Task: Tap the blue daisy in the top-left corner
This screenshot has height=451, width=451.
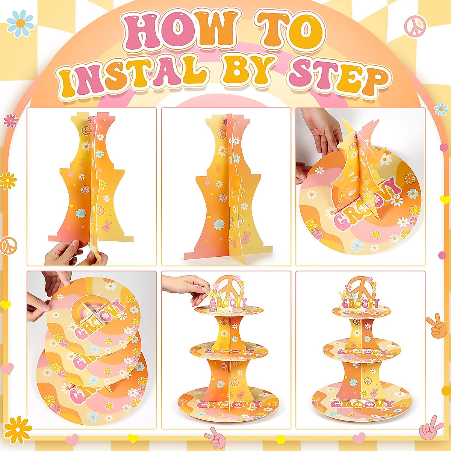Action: (x=21, y=23)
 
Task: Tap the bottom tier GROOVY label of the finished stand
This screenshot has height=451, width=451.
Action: (x=362, y=404)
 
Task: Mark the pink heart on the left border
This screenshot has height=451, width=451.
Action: (x=7, y=368)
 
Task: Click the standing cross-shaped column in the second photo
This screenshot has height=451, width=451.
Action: (x=229, y=188)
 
